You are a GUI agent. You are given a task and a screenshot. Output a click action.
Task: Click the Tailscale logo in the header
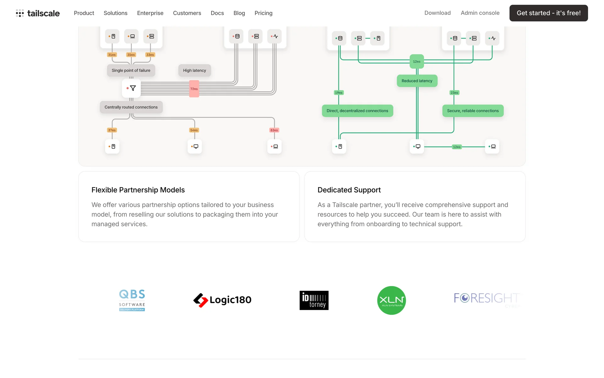point(38,13)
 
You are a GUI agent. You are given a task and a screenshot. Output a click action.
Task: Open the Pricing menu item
point(263,13)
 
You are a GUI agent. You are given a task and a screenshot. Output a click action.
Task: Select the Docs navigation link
point(217,13)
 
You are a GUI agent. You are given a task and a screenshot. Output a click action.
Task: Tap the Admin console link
point(480,13)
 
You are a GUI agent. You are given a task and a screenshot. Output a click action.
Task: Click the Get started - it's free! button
point(548,13)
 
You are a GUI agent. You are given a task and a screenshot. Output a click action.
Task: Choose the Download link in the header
point(437,13)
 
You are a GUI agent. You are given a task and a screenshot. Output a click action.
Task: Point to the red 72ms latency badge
point(194,89)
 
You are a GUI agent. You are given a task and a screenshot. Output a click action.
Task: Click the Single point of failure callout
point(131,71)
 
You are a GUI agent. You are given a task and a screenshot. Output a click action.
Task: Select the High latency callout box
point(194,71)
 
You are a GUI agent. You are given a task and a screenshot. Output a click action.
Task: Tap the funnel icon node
point(131,88)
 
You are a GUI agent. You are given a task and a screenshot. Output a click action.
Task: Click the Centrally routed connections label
point(131,107)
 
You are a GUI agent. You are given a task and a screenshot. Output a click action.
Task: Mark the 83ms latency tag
point(274,130)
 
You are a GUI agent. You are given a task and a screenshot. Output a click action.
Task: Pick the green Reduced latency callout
point(417,81)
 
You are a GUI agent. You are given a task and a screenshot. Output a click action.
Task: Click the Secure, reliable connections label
point(473,111)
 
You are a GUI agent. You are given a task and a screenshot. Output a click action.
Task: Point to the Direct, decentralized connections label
point(357,111)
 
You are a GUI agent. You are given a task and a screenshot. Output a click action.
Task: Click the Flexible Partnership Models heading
point(138,190)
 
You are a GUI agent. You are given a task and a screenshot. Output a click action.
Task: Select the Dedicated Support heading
point(349,190)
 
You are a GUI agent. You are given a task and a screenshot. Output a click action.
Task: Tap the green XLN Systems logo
point(391,300)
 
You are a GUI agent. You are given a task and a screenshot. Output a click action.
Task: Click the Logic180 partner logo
point(222,300)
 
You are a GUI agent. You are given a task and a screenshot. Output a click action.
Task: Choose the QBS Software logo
point(132,300)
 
